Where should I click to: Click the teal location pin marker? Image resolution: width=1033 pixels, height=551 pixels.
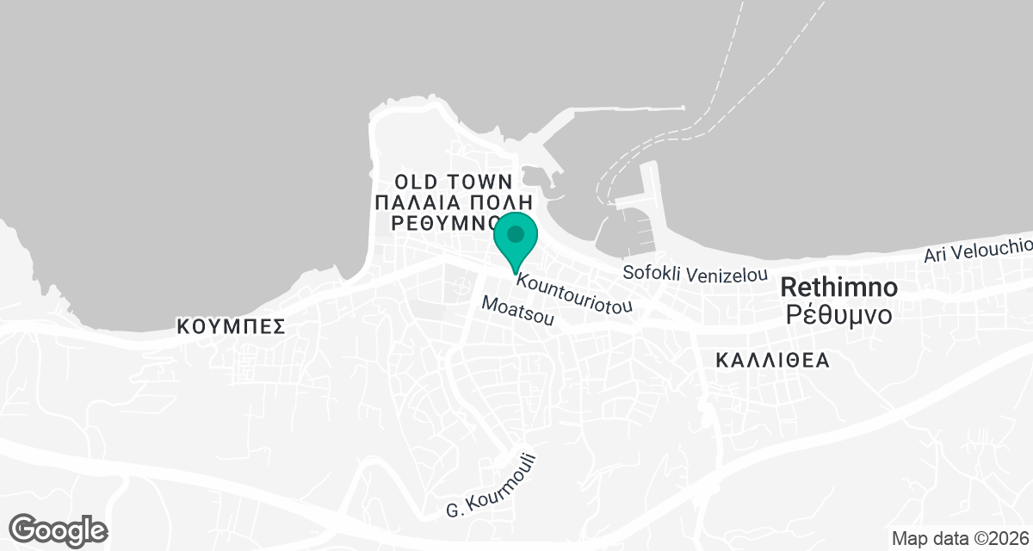[x=516, y=241]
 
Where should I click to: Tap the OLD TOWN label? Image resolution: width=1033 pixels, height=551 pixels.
[x=453, y=182]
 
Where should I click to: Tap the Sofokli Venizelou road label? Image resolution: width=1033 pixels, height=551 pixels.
[x=695, y=275]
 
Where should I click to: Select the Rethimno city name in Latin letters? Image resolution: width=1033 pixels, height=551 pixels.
[x=839, y=287]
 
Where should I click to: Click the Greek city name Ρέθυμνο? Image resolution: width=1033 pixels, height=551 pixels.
[x=839, y=314]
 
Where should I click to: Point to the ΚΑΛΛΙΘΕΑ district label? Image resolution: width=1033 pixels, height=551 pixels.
[x=773, y=361]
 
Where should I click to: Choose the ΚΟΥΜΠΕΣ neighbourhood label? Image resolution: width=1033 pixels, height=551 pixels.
[x=230, y=327]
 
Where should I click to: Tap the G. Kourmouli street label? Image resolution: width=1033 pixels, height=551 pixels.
[x=492, y=486]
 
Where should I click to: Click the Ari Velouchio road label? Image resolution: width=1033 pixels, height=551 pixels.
[x=977, y=250]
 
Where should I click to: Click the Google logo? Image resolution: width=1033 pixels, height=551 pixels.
[x=59, y=529]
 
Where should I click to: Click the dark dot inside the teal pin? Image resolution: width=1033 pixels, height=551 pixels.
[x=516, y=233]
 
